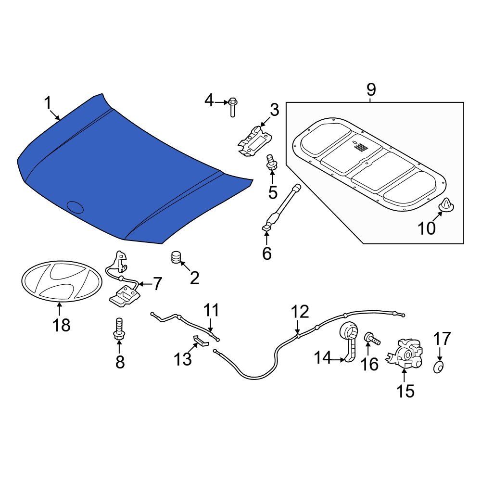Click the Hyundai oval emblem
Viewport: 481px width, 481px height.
pos(60,281)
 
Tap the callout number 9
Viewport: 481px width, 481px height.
pos(371,89)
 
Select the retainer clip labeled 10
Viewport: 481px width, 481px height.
pos(447,206)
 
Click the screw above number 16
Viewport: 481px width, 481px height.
pos(372,339)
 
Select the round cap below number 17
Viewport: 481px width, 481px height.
pos(438,367)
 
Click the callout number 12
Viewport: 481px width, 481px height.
pos(299,312)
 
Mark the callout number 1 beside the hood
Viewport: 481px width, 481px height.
pos(48,102)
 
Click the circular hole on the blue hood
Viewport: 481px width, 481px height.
pos(75,207)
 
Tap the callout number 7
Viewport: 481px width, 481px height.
pos(157,284)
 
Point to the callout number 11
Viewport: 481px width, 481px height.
pos(211,310)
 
